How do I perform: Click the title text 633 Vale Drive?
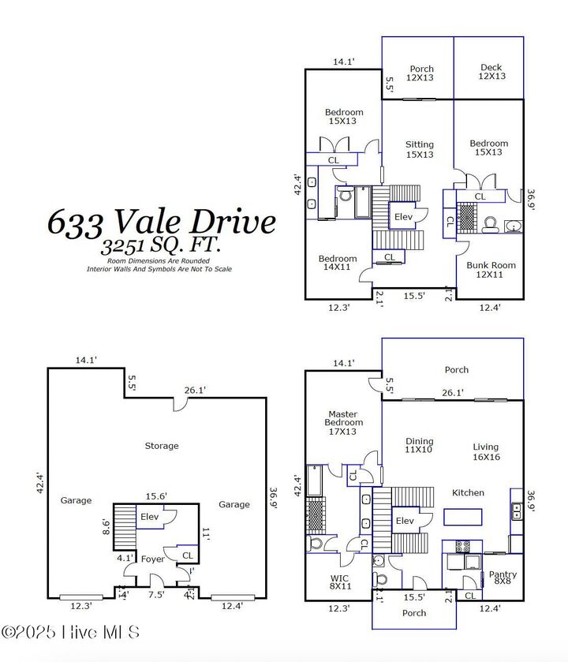(x=162, y=221)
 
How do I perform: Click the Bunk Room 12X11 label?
(x=491, y=270)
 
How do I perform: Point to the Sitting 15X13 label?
(x=420, y=149)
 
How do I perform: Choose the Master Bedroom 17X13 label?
(x=343, y=422)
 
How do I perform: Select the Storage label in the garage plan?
(x=161, y=446)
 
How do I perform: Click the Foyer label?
(x=152, y=559)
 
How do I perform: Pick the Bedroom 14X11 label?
(x=338, y=263)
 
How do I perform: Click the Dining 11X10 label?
(x=420, y=447)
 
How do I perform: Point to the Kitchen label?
(x=468, y=493)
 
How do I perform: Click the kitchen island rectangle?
(x=462, y=518)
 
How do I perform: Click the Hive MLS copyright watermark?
(x=71, y=632)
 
